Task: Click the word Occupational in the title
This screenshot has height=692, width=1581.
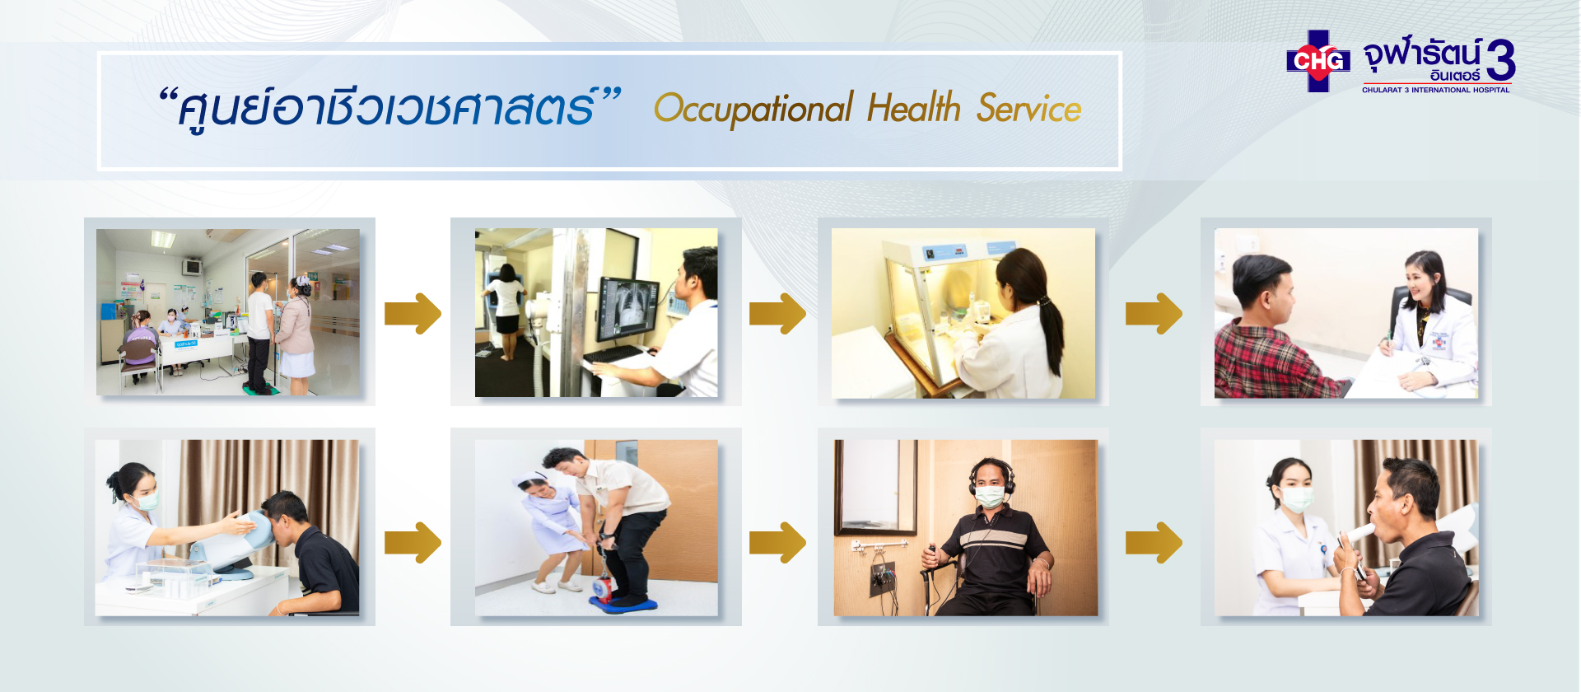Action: click(x=753, y=110)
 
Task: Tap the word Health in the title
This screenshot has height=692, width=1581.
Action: click(x=914, y=108)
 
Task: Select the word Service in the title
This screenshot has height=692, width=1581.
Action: click(x=1028, y=108)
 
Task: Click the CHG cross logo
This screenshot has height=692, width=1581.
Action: click(x=1318, y=61)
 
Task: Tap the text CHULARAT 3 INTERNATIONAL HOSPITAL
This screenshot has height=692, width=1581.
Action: click(x=1435, y=90)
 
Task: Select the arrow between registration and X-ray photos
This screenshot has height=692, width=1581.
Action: click(x=413, y=314)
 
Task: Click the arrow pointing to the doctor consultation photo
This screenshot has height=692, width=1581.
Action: click(x=1154, y=314)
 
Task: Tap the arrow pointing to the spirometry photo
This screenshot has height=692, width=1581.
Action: click(x=1154, y=543)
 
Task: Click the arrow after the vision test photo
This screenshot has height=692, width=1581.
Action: click(x=413, y=543)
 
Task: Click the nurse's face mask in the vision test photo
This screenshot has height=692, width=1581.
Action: click(x=146, y=501)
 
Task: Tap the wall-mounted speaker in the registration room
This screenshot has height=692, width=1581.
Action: click(x=193, y=267)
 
